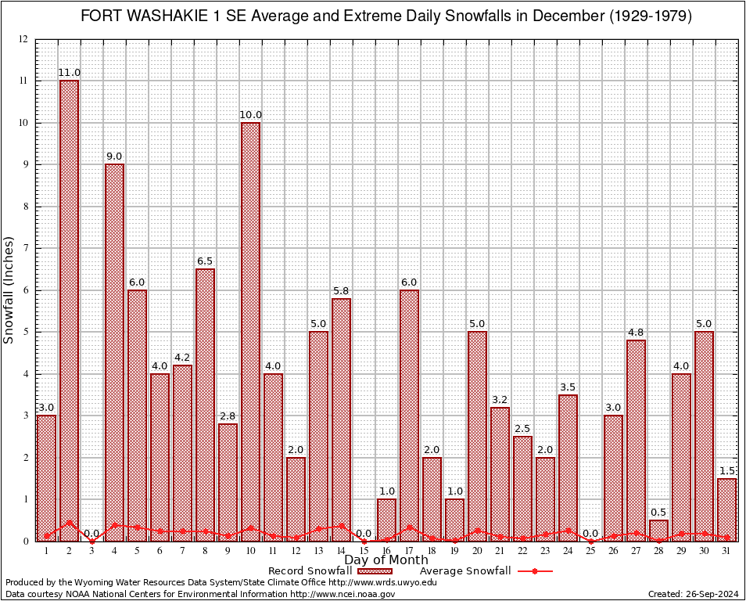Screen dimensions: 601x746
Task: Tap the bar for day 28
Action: pyautogui.click(x=658, y=531)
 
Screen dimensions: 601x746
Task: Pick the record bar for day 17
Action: pyautogui.click(x=409, y=415)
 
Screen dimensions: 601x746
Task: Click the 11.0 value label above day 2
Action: pyautogui.click(x=69, y=73)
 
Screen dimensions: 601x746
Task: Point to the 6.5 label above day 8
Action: pyautogui.click(x=205, y=261)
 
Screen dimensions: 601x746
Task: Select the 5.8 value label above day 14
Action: pyautogui.click(x=341, y=290)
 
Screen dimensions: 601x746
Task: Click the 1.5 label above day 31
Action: pyautogui.click(x=727, y=470)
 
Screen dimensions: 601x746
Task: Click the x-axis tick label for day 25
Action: pyautogui.click(x=590, y=551)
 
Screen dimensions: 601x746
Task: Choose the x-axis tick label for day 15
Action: pyautogui.click(x=364, y=551)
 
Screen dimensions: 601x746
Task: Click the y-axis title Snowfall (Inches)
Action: pyautogui.click(x=9, y=290)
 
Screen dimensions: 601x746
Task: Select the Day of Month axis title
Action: pyautogui.click(x=386, y=560)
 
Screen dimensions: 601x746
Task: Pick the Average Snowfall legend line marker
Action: pyautogui.click(x=535, y=571)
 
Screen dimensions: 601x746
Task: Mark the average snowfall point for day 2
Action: pyautogui.click(x=69, y=522)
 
